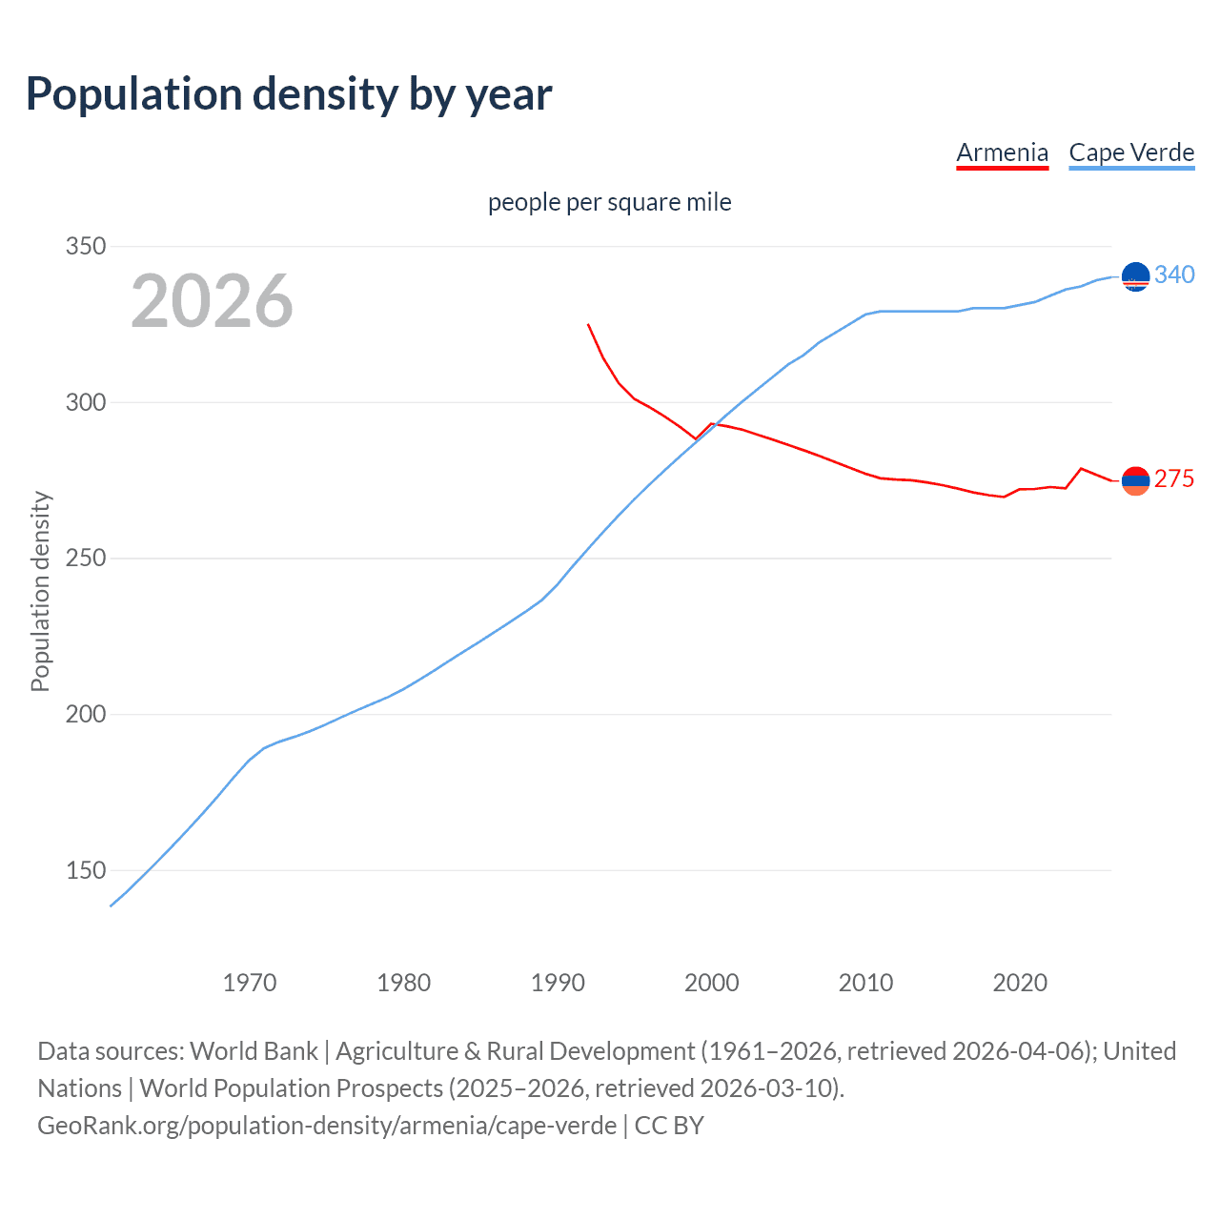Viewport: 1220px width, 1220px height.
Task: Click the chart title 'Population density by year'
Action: (289, 94)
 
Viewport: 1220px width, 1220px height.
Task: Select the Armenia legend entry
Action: (1002, 152)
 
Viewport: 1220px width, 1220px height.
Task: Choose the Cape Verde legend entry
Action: (1131, 152)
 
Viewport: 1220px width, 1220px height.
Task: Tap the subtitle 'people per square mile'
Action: (609, 202)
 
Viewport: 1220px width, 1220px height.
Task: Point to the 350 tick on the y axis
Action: (86, 246)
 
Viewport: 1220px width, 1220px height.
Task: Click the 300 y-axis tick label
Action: (86, 402)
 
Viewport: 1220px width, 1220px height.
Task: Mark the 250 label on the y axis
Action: (86, 559)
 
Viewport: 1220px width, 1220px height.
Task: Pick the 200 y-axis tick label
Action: (86, 714)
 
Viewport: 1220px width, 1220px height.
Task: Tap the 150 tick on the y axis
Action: (86, 870)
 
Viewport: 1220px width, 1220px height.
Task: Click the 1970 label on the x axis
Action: (250, 982)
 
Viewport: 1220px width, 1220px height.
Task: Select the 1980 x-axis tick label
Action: (404, 982)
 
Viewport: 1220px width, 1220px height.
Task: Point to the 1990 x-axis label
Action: (558, 982)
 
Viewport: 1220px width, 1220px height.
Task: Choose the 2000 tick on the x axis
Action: (712, 982)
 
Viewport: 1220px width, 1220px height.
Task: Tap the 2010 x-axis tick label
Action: (865, 982)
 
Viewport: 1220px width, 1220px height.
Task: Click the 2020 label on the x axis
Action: (1020, 982)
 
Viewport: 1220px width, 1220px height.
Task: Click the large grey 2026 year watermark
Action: (212, 301)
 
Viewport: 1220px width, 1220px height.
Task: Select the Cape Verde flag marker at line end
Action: (1135, 276)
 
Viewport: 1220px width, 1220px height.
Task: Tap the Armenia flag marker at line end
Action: (1135, 481)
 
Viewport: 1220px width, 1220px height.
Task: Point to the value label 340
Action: (1174, 274)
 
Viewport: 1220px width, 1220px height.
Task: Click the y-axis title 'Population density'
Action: (40, 591)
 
